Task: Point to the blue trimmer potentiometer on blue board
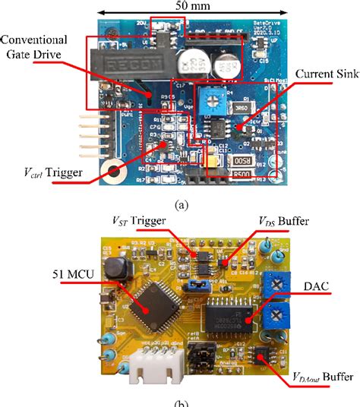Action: click(x=209, y=97)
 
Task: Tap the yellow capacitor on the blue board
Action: click(x=207, y=159)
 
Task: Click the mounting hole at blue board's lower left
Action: click(x=115, y=174)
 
